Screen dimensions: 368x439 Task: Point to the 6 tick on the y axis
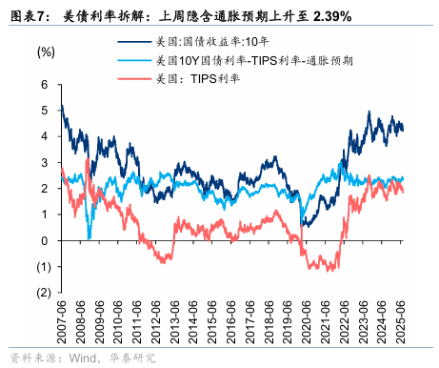44,85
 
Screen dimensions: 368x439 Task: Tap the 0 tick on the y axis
44,240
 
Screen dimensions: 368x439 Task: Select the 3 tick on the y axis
44,163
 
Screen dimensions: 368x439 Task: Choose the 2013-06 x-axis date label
174,324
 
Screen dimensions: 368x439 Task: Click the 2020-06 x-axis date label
307,324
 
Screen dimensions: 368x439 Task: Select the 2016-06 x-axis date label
231,324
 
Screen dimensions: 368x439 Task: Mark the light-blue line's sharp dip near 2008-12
89,237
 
